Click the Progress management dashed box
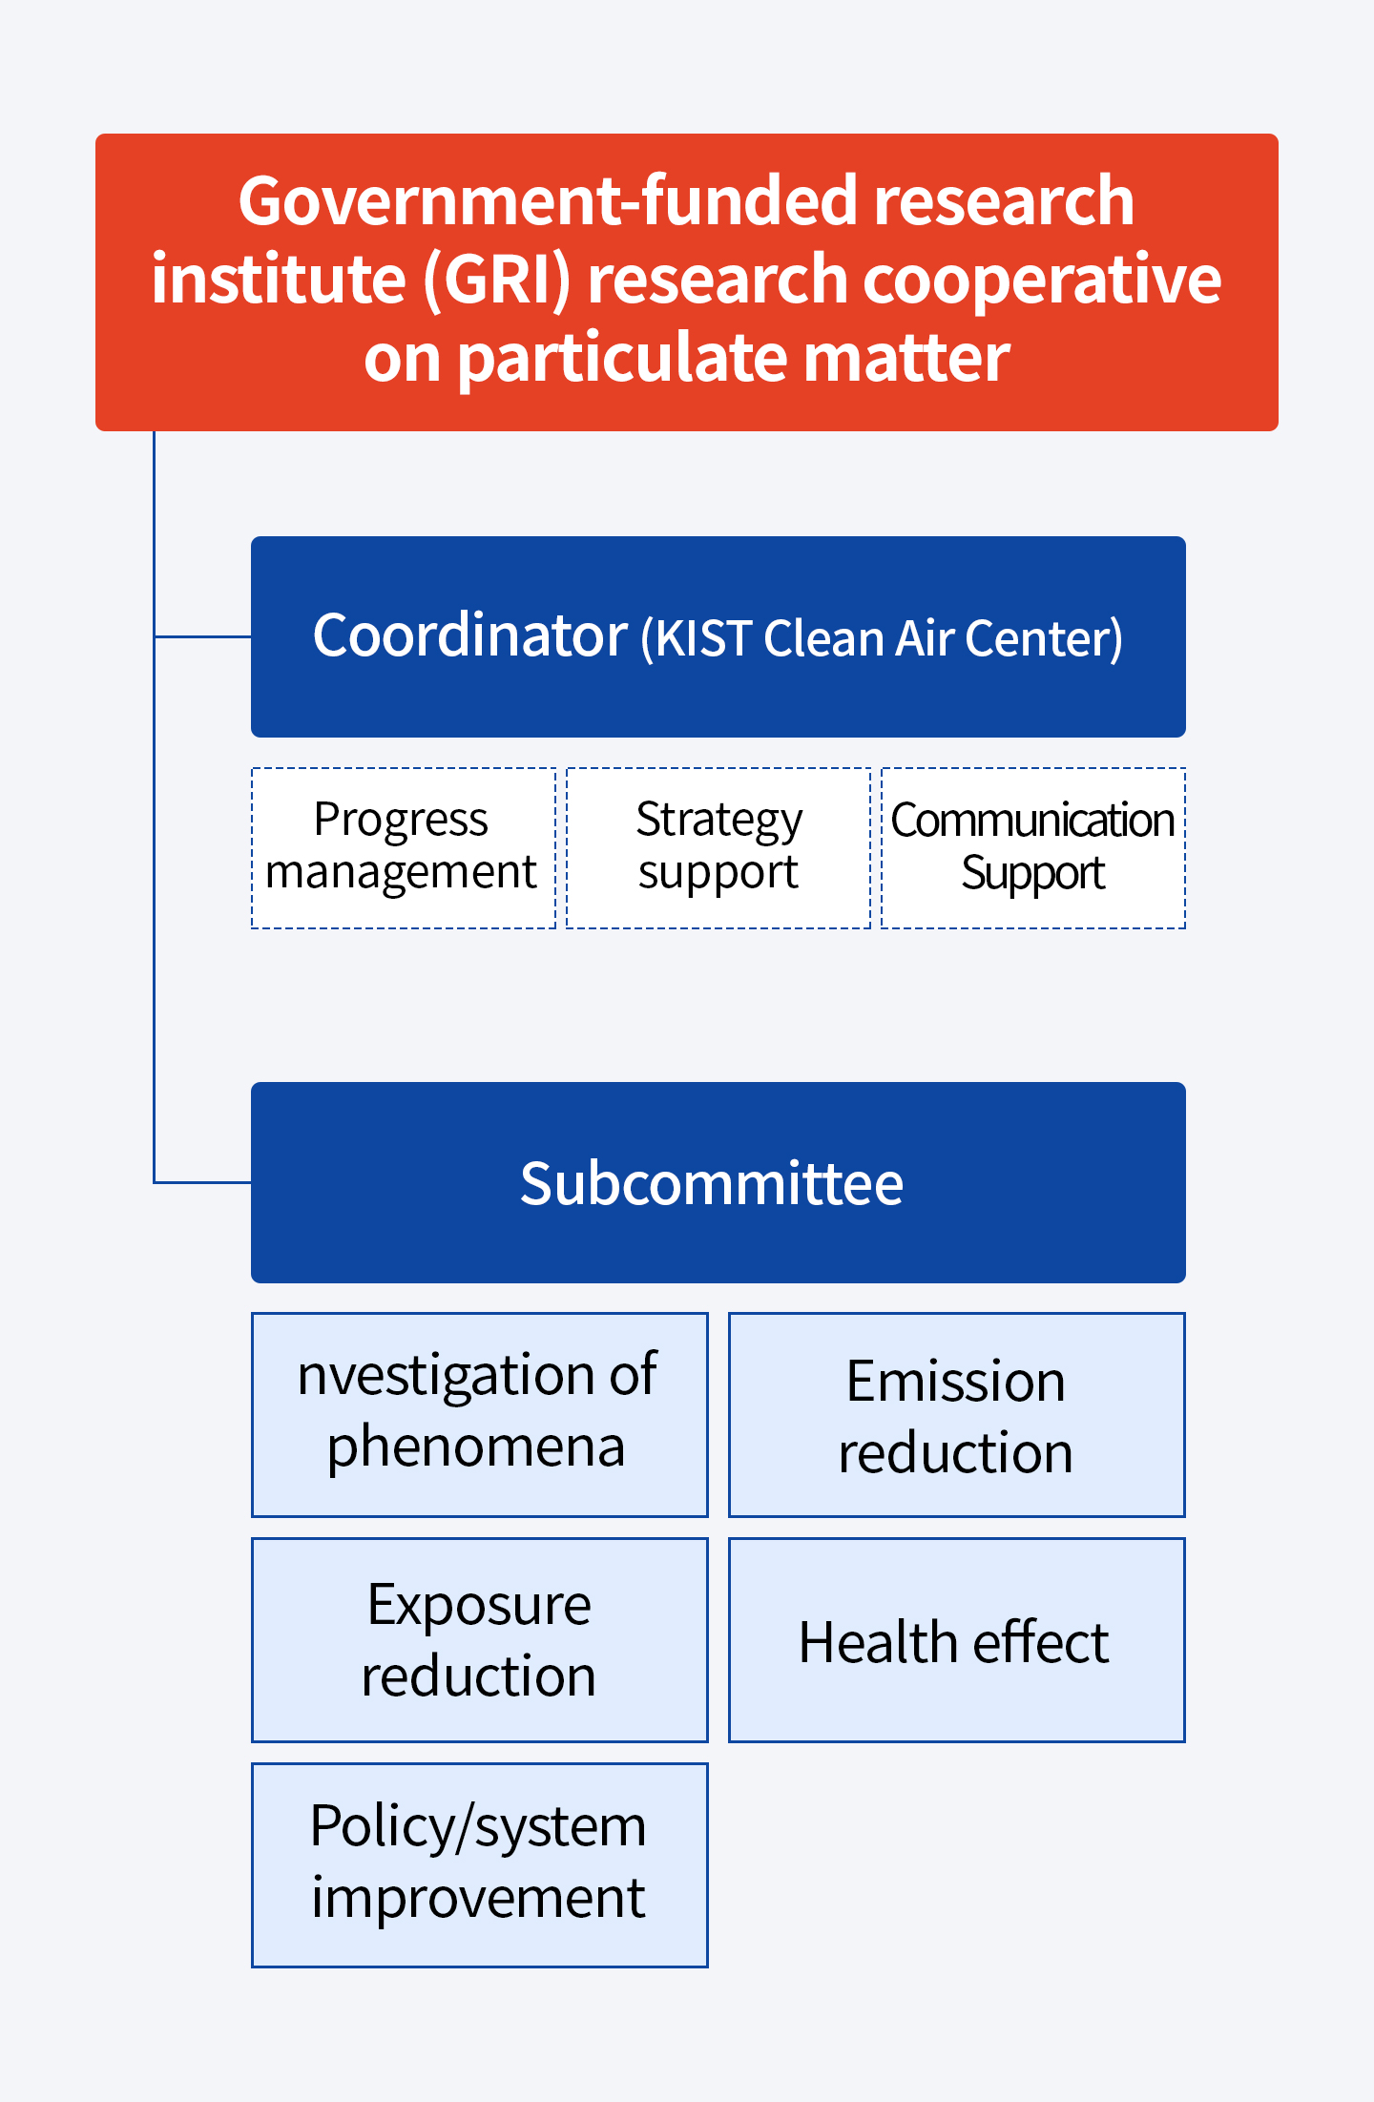coord(404,848)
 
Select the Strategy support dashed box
coord(718,848)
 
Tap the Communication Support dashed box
coord(1033,848)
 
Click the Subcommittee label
coord(712,1184)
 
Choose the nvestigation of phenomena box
coord(480,1415)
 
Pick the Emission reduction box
coord(957,1415)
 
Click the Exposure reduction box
coord(480,1640)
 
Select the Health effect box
coord(957,1640)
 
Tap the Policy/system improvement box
coord(480,1865)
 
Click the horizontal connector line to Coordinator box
coord(202,636)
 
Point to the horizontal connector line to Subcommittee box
coord(202,1182)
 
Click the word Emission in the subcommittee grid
coord(956,1381)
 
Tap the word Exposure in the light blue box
coord(480,1606)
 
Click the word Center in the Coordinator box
coord(1038,638)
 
